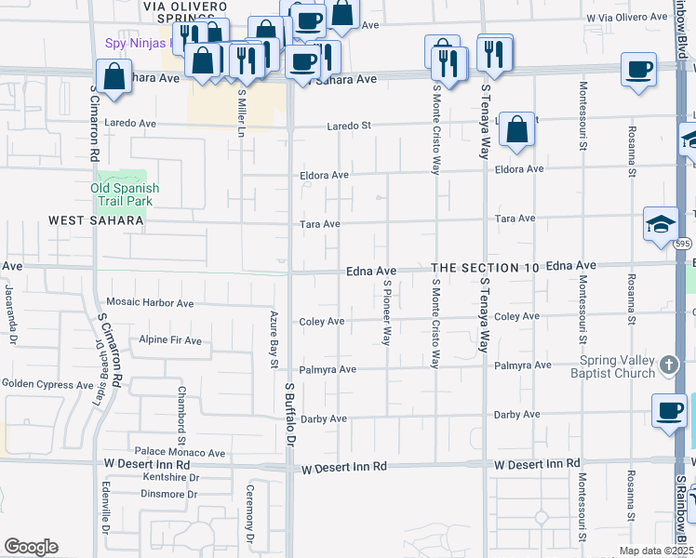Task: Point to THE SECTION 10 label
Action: coord(486,268)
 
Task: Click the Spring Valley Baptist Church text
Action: coord(618,367)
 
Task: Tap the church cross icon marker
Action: coord(668,366)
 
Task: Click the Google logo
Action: coord(31,547)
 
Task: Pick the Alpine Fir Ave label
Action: coord(170,340)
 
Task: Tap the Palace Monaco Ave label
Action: coord(180,453)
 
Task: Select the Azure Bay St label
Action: coord(274,339)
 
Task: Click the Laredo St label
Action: coord(348,126)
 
